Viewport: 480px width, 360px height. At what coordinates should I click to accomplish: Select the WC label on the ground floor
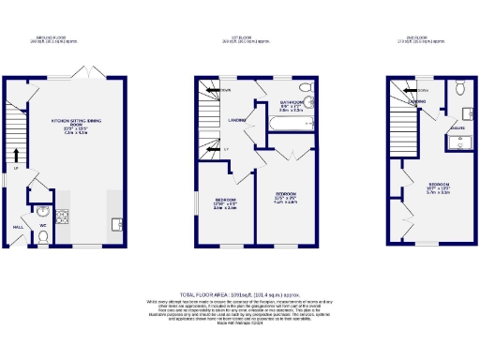click(x=43, y=224)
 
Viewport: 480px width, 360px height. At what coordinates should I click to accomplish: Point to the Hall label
click(x=17, y=226)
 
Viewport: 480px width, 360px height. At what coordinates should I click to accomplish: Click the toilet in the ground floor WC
click(x=43, y=237)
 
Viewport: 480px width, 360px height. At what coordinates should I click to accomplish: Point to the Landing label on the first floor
click(x=239, y=119)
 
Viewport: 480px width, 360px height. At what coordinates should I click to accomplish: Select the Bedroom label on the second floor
click(x=438, y=184)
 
